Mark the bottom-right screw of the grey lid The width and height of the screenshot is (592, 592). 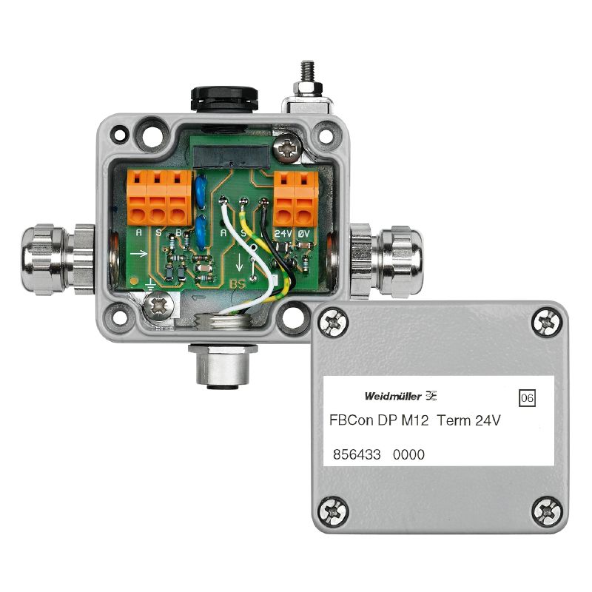[545, 509]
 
